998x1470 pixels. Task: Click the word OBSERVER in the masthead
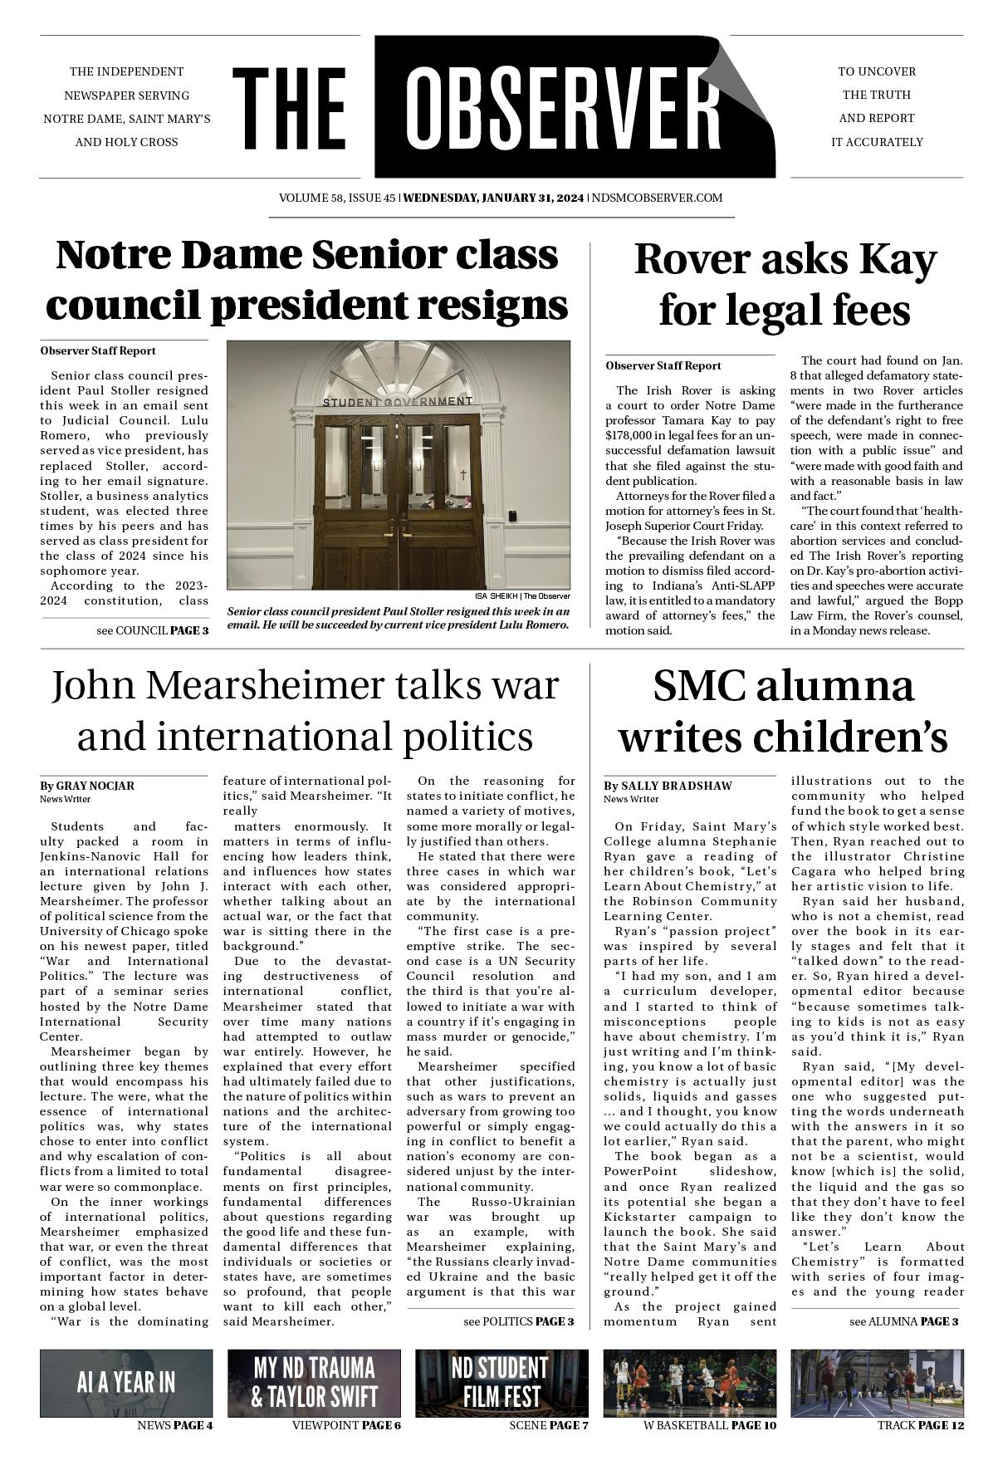[563, 108]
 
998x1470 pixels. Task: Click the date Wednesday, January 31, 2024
[493, 198]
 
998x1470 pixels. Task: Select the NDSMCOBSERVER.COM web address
[656, 198]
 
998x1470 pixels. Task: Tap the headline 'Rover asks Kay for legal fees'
[785, 284]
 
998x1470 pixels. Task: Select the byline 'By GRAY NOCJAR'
[87, 786]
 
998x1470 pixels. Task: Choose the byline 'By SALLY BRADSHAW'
[668, 786]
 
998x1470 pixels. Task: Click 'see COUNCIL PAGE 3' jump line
[153, 630]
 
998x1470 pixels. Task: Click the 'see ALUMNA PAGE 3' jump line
[903, 1321]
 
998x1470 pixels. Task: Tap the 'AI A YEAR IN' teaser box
[126, 1383]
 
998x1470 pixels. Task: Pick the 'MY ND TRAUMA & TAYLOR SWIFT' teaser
[314, 1383]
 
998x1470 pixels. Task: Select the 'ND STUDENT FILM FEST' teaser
[501, 1383]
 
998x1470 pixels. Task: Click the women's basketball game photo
[689, 1383]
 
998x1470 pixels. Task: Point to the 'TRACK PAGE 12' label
[920, 1425]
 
